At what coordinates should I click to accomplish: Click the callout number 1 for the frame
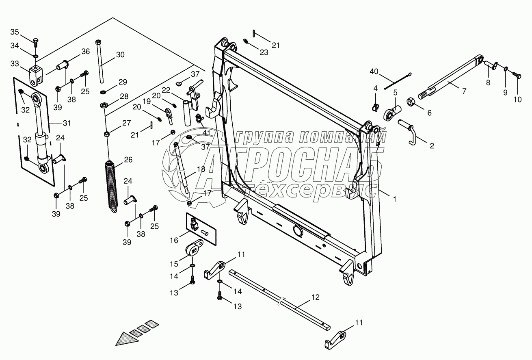[394, 199]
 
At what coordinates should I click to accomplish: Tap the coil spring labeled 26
[110, 185]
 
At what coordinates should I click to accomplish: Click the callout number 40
[374, 72]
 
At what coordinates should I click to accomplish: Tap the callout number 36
[85, 52]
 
